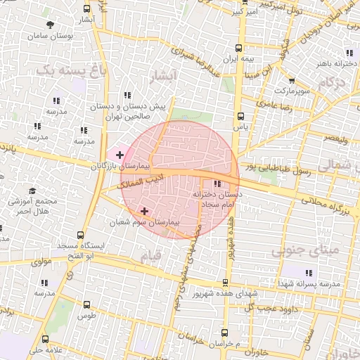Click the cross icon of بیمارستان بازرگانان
click(x=120, y=154)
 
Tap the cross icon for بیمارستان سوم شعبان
click(x=144, y=210)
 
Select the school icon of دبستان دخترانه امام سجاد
click(x=215, y=184)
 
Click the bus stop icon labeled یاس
click(x=240, y=116)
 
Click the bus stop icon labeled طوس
click(x=86, y=305)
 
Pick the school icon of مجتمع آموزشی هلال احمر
click(x=32, y=191)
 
